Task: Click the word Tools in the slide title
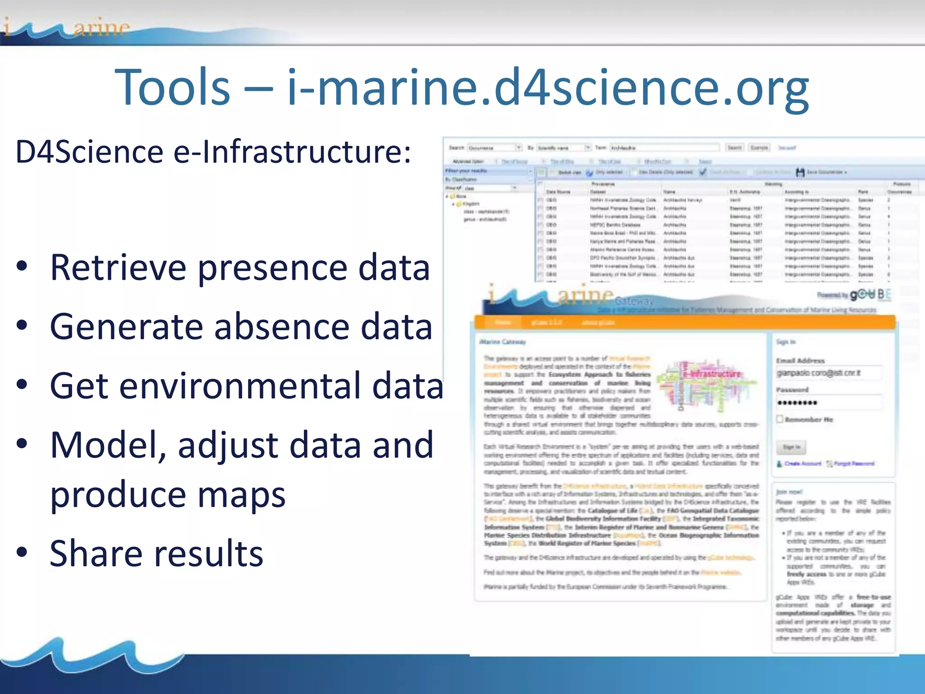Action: (173, 87)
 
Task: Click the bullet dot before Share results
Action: (22, 552)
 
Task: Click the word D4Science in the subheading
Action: (89, 152)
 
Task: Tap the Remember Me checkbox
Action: (780, 419)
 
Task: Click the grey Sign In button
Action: (791, 447)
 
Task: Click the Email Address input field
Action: (828, 373)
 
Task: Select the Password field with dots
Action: (828, 403)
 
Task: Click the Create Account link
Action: (802, 464)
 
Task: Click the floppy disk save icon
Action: (800, 172)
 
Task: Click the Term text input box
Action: (664, 148)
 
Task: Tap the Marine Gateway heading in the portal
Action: (502, 342)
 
